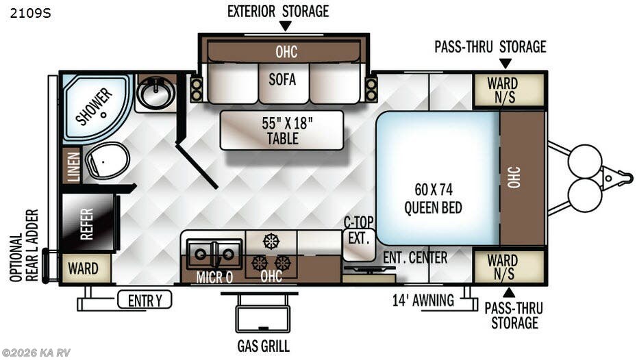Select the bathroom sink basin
156,94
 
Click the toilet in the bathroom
106,161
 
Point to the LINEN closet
72,166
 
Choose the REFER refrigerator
86,223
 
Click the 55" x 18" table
282,130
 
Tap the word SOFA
282,79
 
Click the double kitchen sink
214,254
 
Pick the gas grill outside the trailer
262,318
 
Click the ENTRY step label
144,300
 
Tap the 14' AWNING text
423,300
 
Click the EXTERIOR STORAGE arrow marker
285,26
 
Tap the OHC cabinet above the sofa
286,52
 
